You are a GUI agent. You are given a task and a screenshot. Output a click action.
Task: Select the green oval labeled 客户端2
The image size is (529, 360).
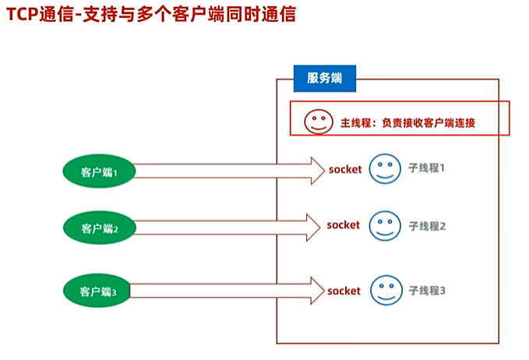99,228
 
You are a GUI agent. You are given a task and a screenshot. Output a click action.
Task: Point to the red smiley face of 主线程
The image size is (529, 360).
316,121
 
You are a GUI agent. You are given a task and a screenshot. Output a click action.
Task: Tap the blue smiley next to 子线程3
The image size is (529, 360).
383,290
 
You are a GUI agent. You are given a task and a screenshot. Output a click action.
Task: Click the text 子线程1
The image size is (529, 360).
427,168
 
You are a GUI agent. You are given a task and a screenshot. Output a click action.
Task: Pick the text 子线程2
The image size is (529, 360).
427,226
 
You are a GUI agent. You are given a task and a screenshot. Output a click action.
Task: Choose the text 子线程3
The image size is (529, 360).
427,291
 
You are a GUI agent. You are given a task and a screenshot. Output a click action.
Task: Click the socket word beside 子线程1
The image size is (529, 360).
345,168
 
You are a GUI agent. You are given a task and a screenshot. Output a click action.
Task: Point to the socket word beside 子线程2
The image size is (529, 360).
344,225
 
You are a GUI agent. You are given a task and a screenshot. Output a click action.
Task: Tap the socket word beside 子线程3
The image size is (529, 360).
344,291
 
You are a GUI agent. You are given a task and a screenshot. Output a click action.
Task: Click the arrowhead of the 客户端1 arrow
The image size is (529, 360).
316,170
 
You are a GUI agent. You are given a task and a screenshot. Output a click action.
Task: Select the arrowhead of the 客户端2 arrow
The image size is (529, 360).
312,228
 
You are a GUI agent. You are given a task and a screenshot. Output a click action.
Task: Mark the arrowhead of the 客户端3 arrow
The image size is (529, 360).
313,291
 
